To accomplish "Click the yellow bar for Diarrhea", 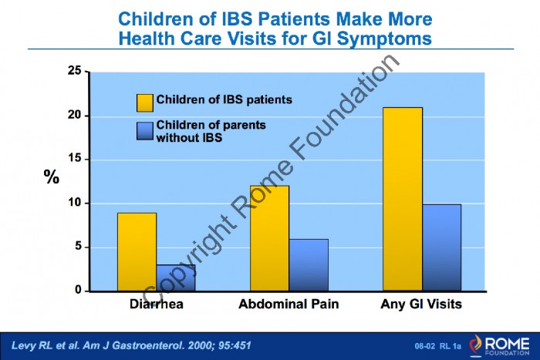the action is [x=137, y=252].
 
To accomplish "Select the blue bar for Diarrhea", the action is [x=176, y=278].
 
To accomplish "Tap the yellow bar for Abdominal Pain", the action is [x=270, y=238].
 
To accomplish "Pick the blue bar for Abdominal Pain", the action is [x=309, y=265].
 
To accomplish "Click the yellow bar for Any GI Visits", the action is [x=403, y=200].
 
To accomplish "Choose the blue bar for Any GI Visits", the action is [x=441, y=247].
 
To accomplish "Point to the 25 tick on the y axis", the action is [x=75, y=71].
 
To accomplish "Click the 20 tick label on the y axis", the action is [x=75, y=115].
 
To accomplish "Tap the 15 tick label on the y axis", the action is [x=75, y=159].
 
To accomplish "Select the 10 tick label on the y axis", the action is [x=75, y=203].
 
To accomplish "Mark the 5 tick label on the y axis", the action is [x=78, y=247].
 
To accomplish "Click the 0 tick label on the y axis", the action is [x=78, y=290].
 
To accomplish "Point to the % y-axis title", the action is [x=52, y=177].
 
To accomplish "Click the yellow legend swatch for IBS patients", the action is [x=145, y=103].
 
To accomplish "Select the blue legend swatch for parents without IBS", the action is [x=145, y=131].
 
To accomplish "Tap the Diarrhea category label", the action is [x=157, y=304].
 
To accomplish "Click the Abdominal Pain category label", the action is [x=289, y=304].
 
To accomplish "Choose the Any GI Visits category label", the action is [x=421, y=304].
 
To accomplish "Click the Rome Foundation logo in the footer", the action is [x=499, y=345].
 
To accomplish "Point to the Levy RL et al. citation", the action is [x=131, y=345].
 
